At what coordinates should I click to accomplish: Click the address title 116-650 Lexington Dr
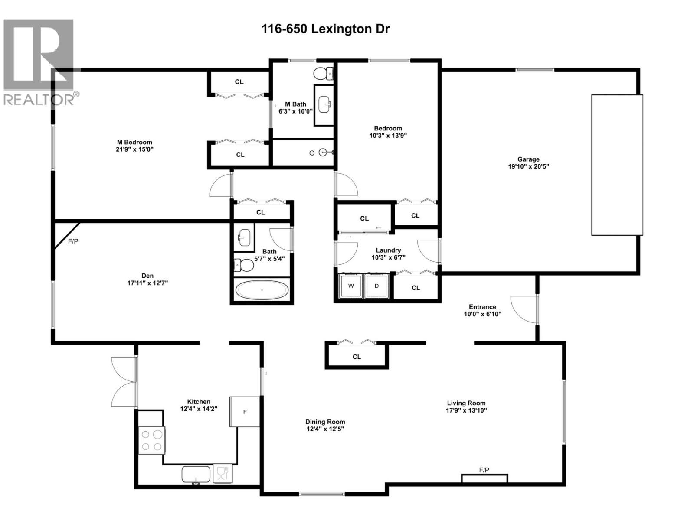325,29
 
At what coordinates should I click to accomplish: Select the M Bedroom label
135,142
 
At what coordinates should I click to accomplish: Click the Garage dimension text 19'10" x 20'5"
528,166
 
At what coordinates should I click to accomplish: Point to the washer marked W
351,286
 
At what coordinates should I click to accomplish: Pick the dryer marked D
376,286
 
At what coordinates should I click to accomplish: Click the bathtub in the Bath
262,289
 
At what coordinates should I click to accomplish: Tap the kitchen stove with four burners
151,440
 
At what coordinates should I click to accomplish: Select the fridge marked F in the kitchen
245,412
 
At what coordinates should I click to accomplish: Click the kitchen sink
196,474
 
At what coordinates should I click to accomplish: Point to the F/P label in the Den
73,241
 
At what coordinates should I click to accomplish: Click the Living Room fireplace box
484,478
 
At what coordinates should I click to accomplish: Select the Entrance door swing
524,309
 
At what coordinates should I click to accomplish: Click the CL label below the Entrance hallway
357,357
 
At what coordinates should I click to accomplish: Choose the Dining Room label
325,422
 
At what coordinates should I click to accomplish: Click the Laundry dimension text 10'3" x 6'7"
388,257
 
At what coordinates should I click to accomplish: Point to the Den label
147,276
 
